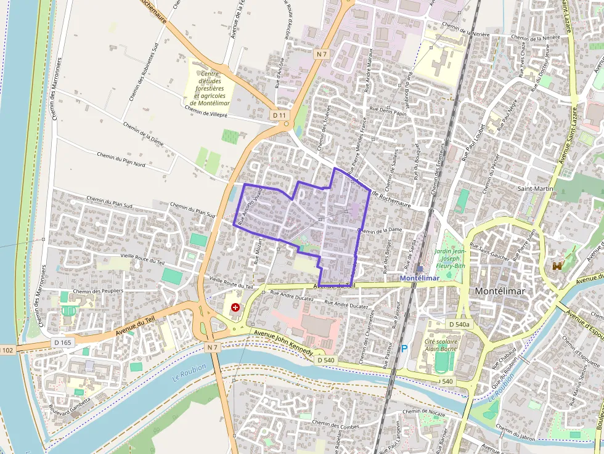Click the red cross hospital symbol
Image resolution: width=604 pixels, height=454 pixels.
pos(235,307)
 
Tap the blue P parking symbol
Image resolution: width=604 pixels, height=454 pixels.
pos(404,349)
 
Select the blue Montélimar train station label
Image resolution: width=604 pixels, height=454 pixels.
pos(419,278)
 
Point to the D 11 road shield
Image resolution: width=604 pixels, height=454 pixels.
pos(279,115)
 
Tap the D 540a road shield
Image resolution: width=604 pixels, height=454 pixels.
pos(459,324)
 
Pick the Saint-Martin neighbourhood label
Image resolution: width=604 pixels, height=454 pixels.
pos(535,188)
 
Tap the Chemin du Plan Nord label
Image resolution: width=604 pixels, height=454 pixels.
pos(121,160)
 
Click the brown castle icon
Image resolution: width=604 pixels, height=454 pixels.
pos(558,266)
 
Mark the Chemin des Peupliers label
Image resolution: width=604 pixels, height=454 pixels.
pos(98,291)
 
